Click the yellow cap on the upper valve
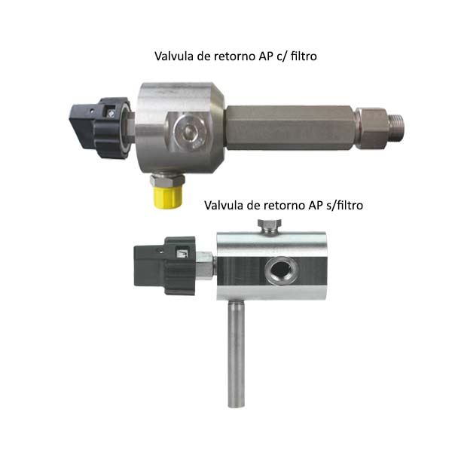tap(167, 197)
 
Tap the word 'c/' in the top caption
tap(282, 56)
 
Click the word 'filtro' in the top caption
tap(304, 56)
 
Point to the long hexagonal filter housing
tap(291, 127)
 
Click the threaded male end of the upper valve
tap(397, 127)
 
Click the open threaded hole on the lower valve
tap(279, 270)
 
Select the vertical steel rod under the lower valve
tap(236, 354)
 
